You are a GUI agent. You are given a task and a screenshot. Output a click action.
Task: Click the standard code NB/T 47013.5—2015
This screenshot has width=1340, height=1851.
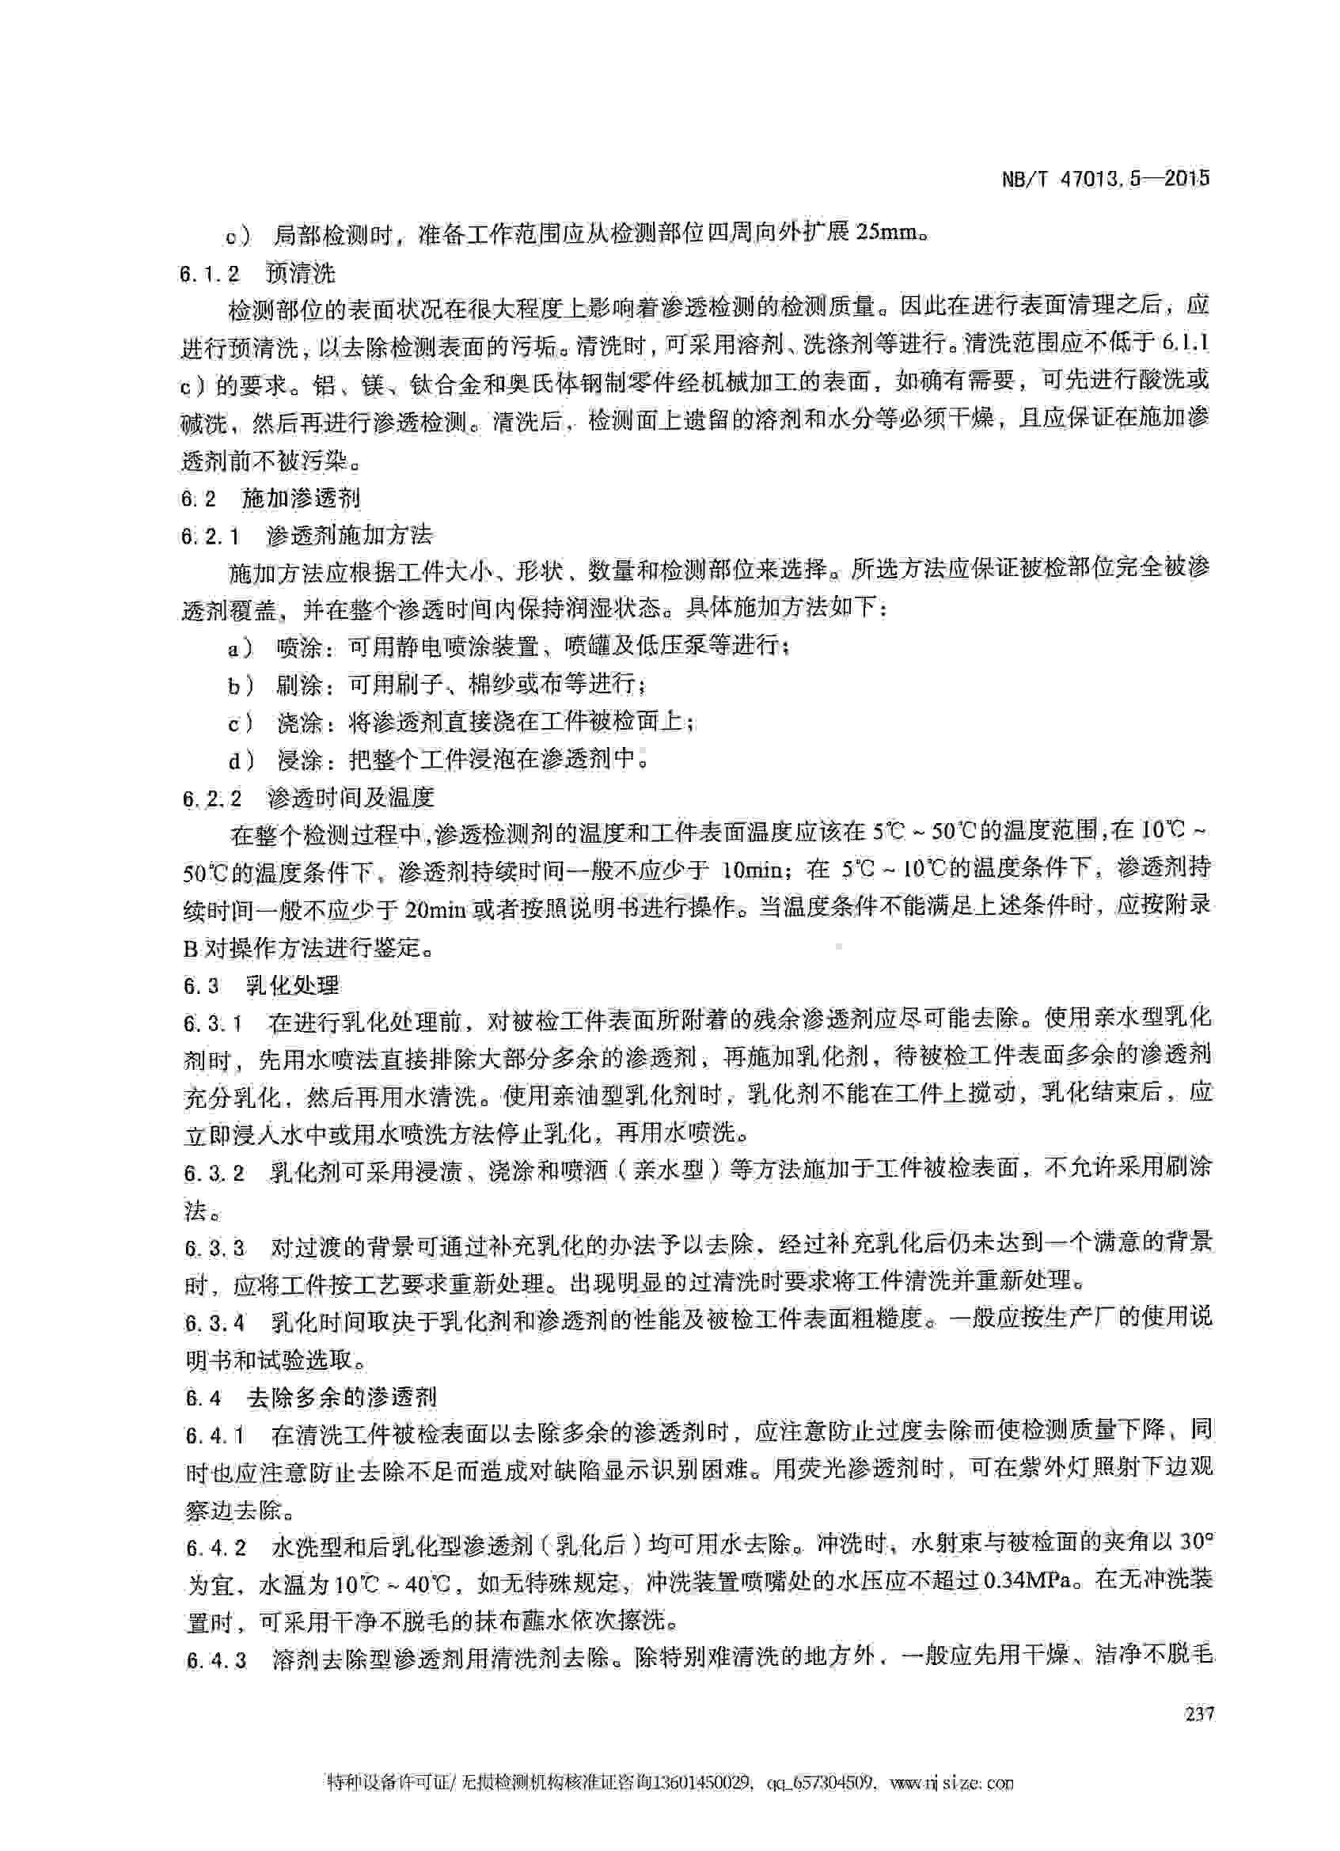tap(1105, 179)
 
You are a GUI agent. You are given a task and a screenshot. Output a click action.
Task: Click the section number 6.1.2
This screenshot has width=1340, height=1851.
tap(211, 273)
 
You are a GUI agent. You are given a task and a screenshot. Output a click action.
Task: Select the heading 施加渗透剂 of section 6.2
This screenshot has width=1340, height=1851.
tap(301, 498)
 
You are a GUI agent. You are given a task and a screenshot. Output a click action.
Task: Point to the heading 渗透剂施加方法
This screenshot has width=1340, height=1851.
tap(349, 537)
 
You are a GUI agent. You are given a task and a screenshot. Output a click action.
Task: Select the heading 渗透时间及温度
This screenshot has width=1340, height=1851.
tap(351, 798)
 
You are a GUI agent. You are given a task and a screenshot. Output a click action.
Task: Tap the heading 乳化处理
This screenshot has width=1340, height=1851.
tap(293, 986)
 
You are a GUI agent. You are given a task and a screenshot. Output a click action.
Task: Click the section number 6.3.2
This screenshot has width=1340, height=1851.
tap(214, 1173)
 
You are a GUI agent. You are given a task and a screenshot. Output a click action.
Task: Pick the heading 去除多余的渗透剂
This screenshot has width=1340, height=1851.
tap(342, 1398)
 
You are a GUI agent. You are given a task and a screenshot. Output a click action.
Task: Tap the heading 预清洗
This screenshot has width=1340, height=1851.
tap(300, 273)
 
